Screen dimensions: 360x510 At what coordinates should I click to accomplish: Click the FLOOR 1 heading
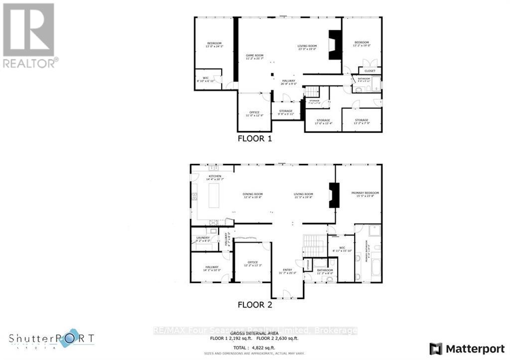(x=255, y=139)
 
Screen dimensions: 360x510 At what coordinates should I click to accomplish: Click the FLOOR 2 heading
(x=255, y=304)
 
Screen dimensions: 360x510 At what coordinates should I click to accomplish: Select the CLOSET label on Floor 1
(x=370, y=71)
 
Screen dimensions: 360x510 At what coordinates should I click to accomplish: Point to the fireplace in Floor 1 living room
(x=335, y=45)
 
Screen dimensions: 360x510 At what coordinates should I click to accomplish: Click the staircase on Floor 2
(x=314, y=245)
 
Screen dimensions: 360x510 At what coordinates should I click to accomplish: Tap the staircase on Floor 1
(x=312, y=92)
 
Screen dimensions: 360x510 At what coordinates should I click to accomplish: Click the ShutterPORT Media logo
(x=51, y=339)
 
